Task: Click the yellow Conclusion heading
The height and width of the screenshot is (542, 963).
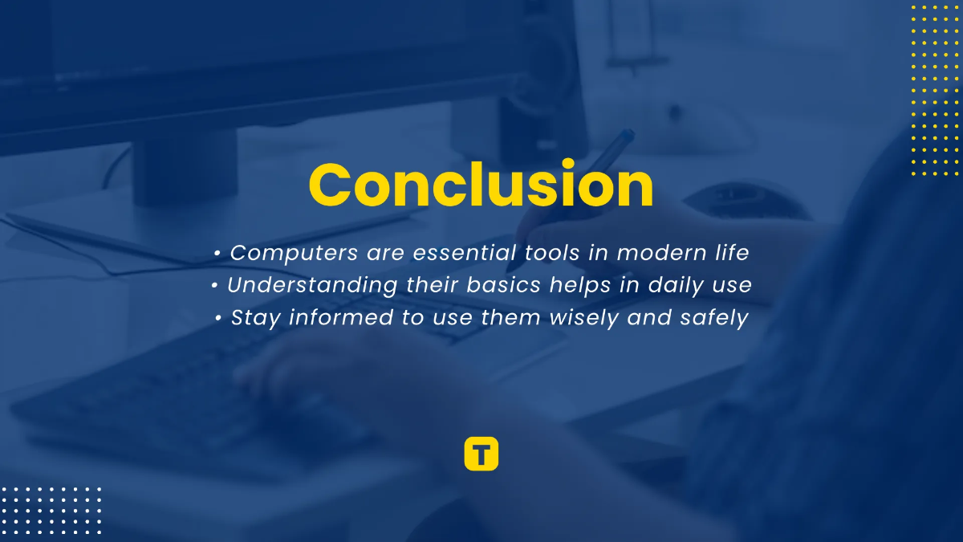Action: point(481,186)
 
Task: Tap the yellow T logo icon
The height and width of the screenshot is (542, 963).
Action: point(481,454)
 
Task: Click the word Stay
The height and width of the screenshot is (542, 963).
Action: point(256,318)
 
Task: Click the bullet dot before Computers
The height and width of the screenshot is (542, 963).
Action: point(218,254)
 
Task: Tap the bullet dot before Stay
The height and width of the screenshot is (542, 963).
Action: point(218,319)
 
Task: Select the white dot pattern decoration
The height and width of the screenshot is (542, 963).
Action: point(51,510)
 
